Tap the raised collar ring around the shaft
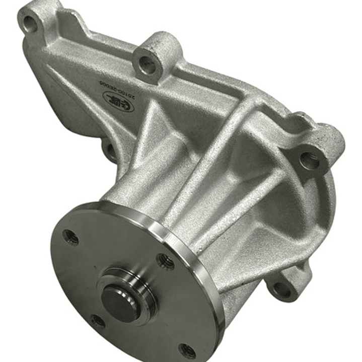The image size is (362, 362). pyautogui.click(x=132, y=282)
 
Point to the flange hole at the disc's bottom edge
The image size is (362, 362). pyautogui.click(x=186, y=350)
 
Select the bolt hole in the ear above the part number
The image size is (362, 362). pyautogui.click(x=147, y=62)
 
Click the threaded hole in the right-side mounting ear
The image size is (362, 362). pyautogui.click(x=309, y=161)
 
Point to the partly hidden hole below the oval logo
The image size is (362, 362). pyautogui.click(x=108, y=149)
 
